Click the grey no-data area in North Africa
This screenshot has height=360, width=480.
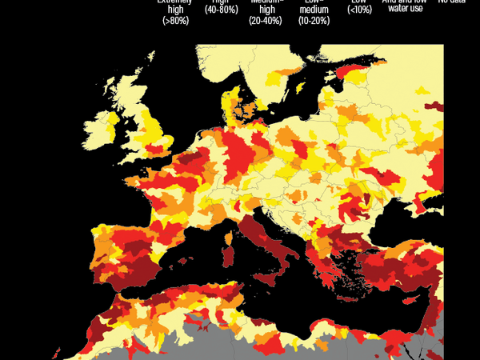232,344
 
